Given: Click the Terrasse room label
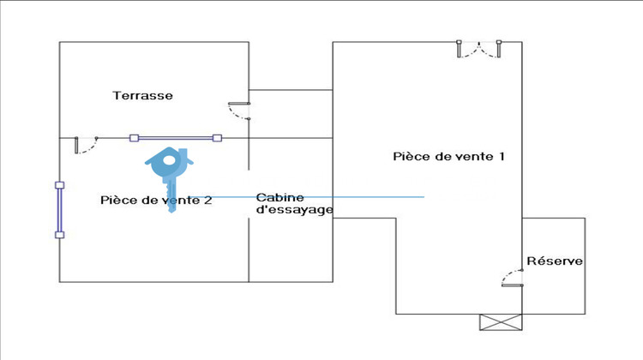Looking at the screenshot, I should (142, 95).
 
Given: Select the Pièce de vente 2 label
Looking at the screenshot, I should (156, 201).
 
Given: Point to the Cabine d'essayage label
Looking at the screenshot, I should (294, 203).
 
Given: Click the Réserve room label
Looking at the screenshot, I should (555, 261).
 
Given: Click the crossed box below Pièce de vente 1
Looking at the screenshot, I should (500, 322).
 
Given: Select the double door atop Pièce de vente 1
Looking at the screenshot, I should (479, 49).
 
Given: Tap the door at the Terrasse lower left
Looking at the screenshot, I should (85, 145).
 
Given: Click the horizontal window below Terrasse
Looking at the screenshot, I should (176, 137).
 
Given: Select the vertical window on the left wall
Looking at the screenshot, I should (59, 210).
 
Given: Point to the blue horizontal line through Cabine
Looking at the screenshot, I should (343, 197).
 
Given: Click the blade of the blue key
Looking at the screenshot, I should (172, 195).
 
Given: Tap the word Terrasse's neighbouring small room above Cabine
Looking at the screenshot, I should (290, 113).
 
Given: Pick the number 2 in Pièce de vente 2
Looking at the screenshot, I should (207, 201).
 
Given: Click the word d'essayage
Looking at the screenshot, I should (294, 210).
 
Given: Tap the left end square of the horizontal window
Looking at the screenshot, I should (134, 137).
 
